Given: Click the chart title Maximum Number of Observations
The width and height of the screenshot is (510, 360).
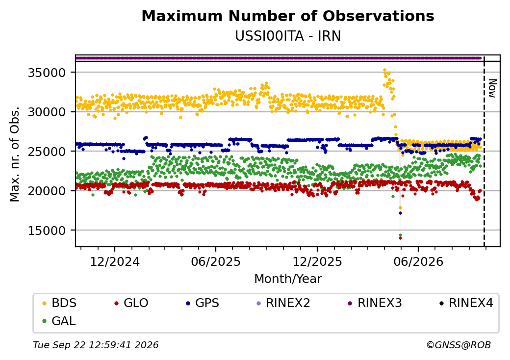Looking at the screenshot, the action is (288, 16).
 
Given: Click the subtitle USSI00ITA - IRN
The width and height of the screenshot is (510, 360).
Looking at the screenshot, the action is (288, 36).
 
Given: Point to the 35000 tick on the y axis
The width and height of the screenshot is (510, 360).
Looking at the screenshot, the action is (47, 73).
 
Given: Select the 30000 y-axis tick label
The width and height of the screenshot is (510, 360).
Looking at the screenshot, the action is (47, 112).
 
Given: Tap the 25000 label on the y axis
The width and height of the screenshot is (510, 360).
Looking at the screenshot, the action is (47, 151).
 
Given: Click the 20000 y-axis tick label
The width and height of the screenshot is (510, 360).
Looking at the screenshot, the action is (47, 191).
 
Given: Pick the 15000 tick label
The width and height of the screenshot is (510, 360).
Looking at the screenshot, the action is (47, 231).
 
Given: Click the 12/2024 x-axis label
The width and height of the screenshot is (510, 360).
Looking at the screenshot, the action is (114, 262).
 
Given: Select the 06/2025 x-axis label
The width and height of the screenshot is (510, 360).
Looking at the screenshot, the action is (216, 262).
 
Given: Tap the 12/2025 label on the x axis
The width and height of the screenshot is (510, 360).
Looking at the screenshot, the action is (317, 262).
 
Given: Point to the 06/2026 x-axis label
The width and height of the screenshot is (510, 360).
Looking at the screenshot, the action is (418, 262).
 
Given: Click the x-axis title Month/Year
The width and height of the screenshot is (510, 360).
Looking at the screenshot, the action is (288, 279).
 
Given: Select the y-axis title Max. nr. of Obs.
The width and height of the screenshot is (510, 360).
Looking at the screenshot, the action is (15, 154).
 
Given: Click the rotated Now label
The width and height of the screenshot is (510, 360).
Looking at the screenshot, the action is (492, 88).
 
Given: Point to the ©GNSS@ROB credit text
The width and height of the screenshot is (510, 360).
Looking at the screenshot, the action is (459, 345).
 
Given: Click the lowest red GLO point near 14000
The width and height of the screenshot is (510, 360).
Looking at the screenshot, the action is (400, 238).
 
